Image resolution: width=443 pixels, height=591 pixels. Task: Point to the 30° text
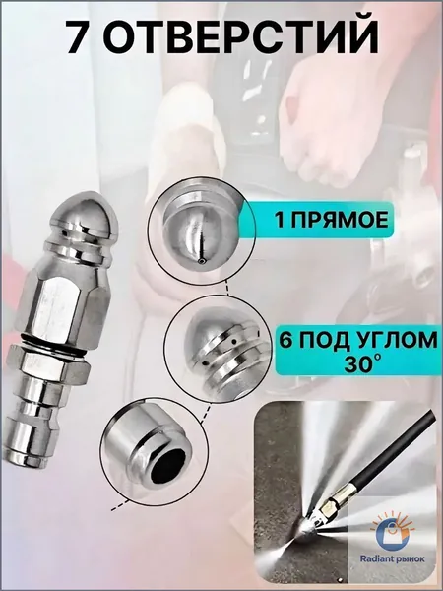pyautogui.click(x=361, y=363)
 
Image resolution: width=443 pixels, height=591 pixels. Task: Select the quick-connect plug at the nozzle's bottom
pyautogui.click(x=35, y=419)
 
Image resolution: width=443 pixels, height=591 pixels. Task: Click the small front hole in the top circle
pyautogui.click(x=202, y=262)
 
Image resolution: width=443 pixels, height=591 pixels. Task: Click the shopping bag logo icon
pyautogui.click(x=393, y=532)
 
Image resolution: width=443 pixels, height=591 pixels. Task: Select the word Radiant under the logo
pyautogui.click(x=377, y=558)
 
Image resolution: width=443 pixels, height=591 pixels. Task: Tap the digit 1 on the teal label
pyautogui.click(x=280, y=220)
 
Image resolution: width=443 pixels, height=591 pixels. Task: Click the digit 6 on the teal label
pyautogui.click(x=286, y=340)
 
